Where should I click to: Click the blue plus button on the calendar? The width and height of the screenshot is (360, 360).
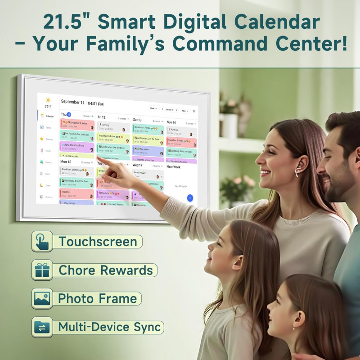point(190,198)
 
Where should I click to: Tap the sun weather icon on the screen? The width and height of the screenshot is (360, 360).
point(48,100)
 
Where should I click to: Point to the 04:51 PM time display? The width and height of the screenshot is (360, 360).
point(95,103)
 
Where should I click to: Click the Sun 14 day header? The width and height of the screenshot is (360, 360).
point(171,122)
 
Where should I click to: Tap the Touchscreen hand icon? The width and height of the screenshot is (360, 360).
point(42,242)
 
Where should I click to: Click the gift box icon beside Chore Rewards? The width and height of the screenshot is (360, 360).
point(42,270)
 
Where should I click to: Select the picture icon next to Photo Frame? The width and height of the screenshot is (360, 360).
point(42,299)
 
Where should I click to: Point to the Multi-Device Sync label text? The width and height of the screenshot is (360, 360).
point(109,327)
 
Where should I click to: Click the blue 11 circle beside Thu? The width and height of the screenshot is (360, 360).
point(69,115)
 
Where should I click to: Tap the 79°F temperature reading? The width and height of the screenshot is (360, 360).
point(48,107)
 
